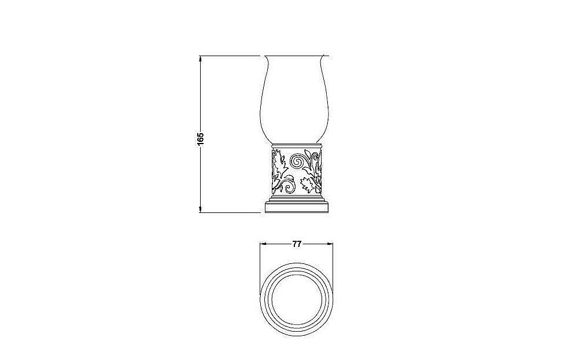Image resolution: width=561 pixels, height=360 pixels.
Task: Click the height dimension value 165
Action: click(201, 139)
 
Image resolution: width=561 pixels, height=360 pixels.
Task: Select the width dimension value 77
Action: click(296, 244)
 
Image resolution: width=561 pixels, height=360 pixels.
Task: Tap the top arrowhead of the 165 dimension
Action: click(201, 58)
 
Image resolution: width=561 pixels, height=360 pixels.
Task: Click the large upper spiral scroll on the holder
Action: click(300, 160)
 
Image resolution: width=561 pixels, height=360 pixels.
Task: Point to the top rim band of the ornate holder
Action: click(296, 144)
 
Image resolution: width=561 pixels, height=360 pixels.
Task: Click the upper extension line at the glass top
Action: click(231, 56)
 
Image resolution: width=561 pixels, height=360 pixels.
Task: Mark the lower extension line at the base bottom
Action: click(231, 212)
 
